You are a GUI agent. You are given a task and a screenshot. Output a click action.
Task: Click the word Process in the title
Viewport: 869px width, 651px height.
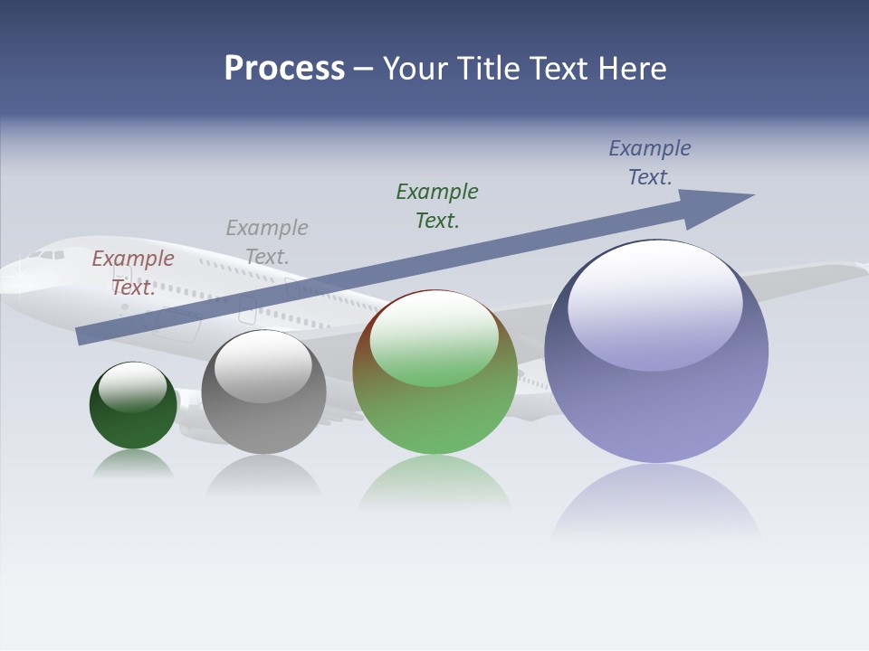[284, 69]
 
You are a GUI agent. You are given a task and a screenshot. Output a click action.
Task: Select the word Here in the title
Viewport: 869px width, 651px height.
[631, 69]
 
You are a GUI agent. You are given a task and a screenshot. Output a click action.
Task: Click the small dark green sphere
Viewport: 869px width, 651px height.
[133, 420]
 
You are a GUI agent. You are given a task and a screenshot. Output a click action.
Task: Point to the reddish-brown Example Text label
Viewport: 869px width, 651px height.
[133, 272]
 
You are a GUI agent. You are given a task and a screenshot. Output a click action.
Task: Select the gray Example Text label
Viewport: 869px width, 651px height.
[267, 241]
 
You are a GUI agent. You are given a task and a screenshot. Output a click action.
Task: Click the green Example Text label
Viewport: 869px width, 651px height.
[437, 205]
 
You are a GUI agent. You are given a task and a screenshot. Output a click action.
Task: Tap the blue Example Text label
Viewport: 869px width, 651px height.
[650, 162]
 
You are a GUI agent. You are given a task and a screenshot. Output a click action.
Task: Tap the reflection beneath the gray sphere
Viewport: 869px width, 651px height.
[263, 474]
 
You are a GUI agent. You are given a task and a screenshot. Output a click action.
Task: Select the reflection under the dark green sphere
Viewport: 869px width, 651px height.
[133, 463]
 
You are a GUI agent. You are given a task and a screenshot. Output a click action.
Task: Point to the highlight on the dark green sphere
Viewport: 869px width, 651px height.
[133, 384]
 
